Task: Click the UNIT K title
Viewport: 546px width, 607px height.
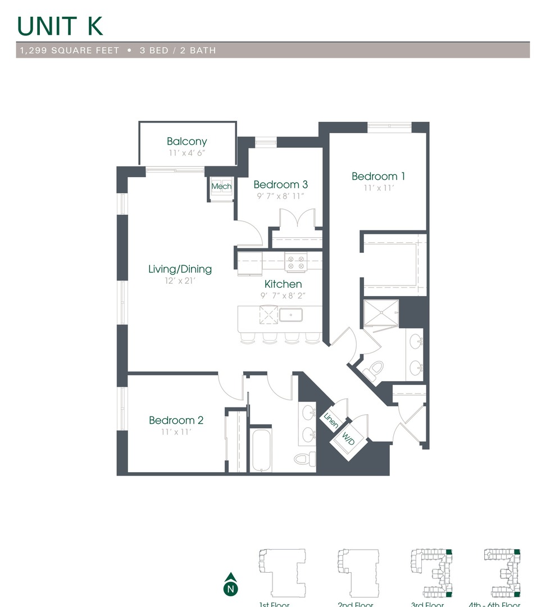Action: [60, 26]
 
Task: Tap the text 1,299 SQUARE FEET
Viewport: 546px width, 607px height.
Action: [70, 51]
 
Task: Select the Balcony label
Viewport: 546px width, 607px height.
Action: [186, 142]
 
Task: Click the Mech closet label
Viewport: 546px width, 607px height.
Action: [221, 187]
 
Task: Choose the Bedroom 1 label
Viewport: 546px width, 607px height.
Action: [378, 176]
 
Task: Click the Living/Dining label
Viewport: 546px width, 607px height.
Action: [180, 269]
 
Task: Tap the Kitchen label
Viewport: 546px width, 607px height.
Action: [283, 284]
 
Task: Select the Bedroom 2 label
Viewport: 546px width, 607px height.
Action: [176, 420]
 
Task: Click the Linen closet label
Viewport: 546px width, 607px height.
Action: [330, 419]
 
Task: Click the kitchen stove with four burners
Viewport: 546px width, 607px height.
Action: [296, 262]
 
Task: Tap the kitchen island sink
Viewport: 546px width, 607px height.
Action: [291, 315]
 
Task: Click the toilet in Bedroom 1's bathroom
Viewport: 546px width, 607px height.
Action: [374, 370]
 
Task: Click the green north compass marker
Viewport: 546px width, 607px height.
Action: [230, 585]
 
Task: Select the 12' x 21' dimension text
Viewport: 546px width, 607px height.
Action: [180, 280]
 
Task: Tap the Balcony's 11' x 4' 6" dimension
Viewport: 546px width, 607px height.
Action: [186, 153]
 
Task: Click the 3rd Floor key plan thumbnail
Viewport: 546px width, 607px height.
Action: [431, 573]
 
